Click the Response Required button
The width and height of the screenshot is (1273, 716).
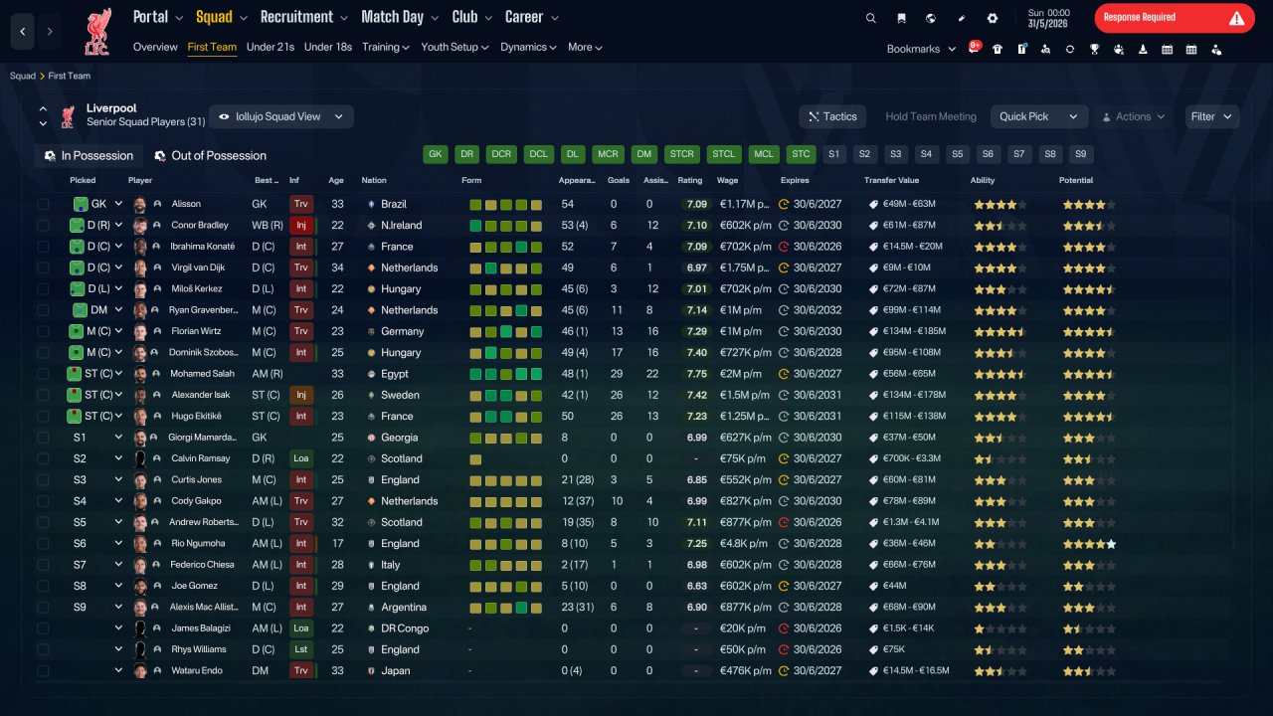click(x=1175, y=18)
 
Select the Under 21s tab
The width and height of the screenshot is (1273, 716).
click(x=270, y=47)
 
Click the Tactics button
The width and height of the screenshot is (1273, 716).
click(x=832, y=116)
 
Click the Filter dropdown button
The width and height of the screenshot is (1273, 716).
click(x=1211, y=116)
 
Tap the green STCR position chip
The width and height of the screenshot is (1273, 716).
click(x=681, y=154)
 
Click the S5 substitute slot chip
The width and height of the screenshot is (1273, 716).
click(x=957, y=154)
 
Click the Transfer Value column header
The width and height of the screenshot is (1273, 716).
click(x=891, y=180)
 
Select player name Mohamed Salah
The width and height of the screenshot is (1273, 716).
click(x=202, y=373)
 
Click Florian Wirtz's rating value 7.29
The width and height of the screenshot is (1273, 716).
click(x=696, y=331)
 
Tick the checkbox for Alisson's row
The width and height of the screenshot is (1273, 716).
click(x=43, y=204)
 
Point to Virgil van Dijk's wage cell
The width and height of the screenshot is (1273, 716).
click(x=744, y=268)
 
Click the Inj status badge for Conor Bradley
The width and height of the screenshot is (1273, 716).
click(x=301, y=225)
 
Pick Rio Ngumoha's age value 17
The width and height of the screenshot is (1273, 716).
click(x=337, y=543)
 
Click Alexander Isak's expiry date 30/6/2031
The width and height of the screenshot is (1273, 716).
click(x=818, y=395)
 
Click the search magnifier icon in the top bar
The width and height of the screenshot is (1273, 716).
click(x=870, y=18)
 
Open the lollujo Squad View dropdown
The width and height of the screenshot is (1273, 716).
click(x=281, y=116)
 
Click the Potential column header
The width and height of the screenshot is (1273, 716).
click(x=1076, y=180)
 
